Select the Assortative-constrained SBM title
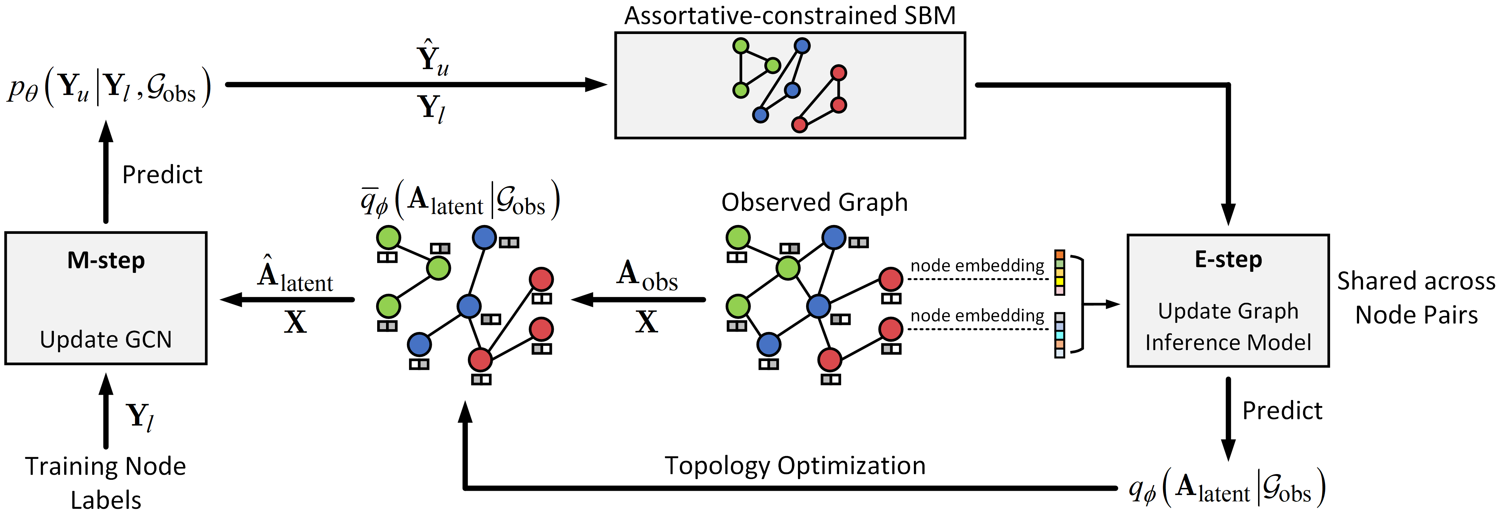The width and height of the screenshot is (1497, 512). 790,16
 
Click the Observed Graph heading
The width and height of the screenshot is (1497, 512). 814,202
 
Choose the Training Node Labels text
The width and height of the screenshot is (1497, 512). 106,482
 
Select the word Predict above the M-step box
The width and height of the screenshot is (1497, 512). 162,174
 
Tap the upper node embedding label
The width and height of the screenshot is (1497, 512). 977,266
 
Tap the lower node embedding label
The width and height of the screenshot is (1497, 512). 977,316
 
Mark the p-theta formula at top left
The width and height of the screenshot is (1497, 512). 109,87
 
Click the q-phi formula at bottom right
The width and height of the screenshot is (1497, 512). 1226,488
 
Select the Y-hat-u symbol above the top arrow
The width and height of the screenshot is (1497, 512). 432,58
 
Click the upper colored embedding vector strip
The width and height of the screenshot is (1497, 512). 1060,272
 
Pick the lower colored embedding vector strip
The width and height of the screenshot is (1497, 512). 1060,335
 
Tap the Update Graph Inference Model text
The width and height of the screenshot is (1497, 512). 1228,327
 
